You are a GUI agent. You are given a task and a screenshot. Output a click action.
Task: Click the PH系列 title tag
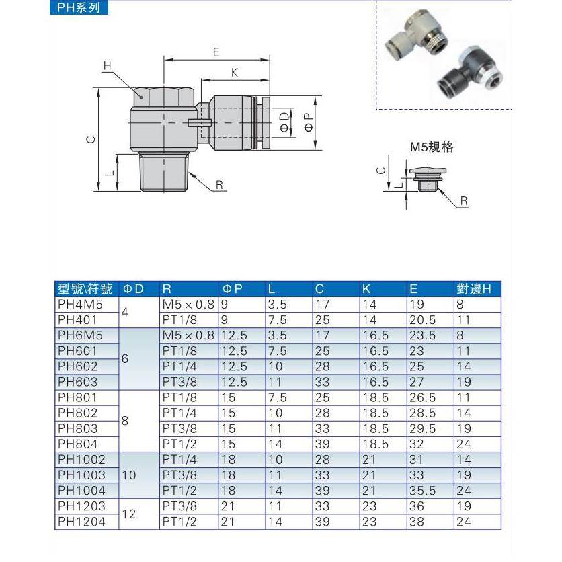79,9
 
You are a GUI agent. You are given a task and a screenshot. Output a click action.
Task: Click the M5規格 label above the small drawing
432,147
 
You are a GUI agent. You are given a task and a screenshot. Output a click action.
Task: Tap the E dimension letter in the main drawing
216,52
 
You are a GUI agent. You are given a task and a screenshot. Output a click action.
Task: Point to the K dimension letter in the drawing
234,73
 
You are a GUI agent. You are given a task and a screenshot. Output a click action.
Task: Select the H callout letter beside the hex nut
107,65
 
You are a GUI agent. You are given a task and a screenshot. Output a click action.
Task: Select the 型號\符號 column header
85,289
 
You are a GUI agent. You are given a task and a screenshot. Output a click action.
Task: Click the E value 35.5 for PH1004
424,490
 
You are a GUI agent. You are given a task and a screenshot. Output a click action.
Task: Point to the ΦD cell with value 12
130,514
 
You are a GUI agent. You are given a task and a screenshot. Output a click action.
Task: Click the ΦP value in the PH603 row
235,382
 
